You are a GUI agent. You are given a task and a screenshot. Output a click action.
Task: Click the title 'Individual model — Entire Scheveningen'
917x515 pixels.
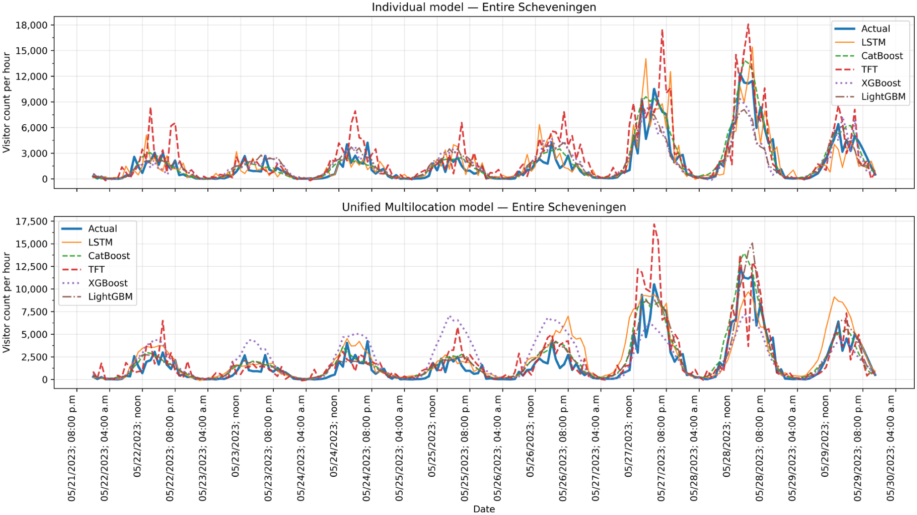point(484,7)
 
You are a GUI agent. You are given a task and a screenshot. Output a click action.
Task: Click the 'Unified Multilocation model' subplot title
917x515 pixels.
point(418,207)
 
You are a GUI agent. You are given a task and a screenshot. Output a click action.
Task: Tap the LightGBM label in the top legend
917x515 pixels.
point(883,97)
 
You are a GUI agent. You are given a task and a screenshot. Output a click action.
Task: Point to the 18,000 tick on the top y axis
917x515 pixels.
point(31,25)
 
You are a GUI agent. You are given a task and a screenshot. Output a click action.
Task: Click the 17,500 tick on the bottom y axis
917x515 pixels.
point(31,221)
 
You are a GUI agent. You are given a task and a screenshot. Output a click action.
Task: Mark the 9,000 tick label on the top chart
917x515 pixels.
point(34,102)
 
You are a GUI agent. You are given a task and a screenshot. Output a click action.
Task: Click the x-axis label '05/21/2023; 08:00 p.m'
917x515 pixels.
point(72,448)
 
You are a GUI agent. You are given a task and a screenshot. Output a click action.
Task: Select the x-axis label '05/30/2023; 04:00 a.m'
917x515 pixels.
point(891,448)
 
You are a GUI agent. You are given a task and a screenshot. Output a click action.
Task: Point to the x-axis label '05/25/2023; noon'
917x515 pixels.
point(432,436)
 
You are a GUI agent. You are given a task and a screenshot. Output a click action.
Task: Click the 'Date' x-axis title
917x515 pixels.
point(484,509)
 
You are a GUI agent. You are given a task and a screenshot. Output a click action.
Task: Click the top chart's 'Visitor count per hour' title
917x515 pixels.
point(6,102)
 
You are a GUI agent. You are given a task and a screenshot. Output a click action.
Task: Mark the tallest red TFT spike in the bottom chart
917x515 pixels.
point(654,224)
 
